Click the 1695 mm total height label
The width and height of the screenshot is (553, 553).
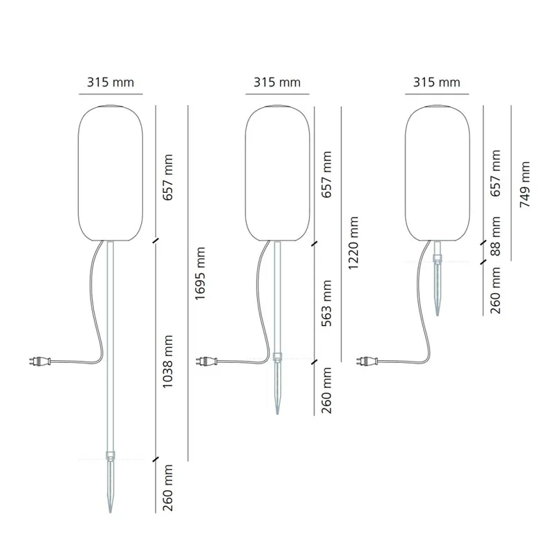200,273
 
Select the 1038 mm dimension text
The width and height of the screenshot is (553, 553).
167,362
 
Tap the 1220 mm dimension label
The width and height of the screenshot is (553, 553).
353,243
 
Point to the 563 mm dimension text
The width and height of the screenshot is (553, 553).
326,303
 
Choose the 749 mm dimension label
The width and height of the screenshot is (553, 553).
525,184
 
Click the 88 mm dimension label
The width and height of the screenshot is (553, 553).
496,236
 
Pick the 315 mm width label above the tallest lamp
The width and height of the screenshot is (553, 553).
111,82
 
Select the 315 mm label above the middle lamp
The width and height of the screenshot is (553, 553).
277,82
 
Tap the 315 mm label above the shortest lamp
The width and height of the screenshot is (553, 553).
437,82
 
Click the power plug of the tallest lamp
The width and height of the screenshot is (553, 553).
39,362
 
